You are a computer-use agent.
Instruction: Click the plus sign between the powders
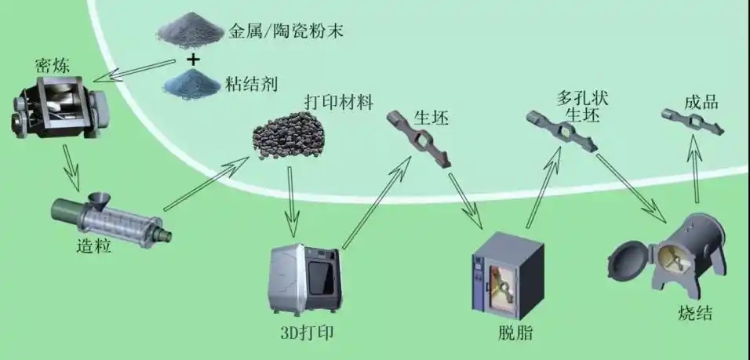(192, 58)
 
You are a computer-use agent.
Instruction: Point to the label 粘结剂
(250, 82)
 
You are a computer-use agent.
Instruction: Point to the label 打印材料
(338, 103)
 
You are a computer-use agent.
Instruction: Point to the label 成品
(701, 101)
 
